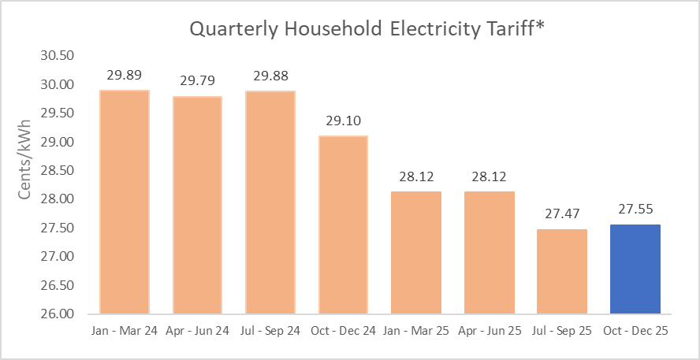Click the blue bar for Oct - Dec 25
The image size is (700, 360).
tap(635, 269)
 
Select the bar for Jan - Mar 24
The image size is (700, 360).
tap(125, 202)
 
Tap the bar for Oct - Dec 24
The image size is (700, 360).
tap(343, 225)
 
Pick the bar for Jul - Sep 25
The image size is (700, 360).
tap(561, 271)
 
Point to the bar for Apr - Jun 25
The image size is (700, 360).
tap(489, 252)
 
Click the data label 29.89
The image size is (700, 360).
tap(125, 76)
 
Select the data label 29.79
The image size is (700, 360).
tap(197, 80)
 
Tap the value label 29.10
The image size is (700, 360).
tap(343, 121)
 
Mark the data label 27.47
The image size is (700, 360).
tap(561, 214)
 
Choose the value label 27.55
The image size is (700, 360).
tap(635, 210)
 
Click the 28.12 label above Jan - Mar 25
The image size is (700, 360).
tap(416, 177)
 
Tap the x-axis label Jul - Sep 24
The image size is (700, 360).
tap(270, 332)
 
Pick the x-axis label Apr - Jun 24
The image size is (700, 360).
tap(197, 332)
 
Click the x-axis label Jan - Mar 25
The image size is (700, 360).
tap(416, 332)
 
